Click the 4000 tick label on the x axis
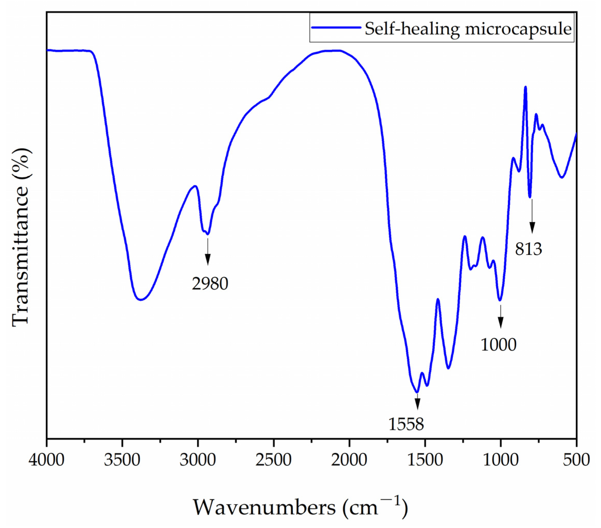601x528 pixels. coord(46,460)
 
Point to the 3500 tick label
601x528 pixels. coord(122,460)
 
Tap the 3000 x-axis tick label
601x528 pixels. coord(198,460)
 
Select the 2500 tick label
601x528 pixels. coord(273,460)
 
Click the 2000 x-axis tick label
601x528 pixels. coord(349,460)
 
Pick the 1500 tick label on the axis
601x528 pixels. coord(425,460)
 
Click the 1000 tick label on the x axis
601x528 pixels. coord(500,460)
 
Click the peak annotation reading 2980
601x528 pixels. coord(210,284)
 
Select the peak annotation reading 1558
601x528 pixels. coord(406,424)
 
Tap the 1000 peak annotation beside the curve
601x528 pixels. coord(498,344)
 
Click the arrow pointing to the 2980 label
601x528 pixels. coord(208,251)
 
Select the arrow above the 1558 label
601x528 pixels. coord(417,402)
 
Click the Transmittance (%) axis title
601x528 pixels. coord(21,237)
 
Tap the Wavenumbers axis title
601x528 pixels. coord(300,507)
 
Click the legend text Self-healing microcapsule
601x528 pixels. coord(468,29)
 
